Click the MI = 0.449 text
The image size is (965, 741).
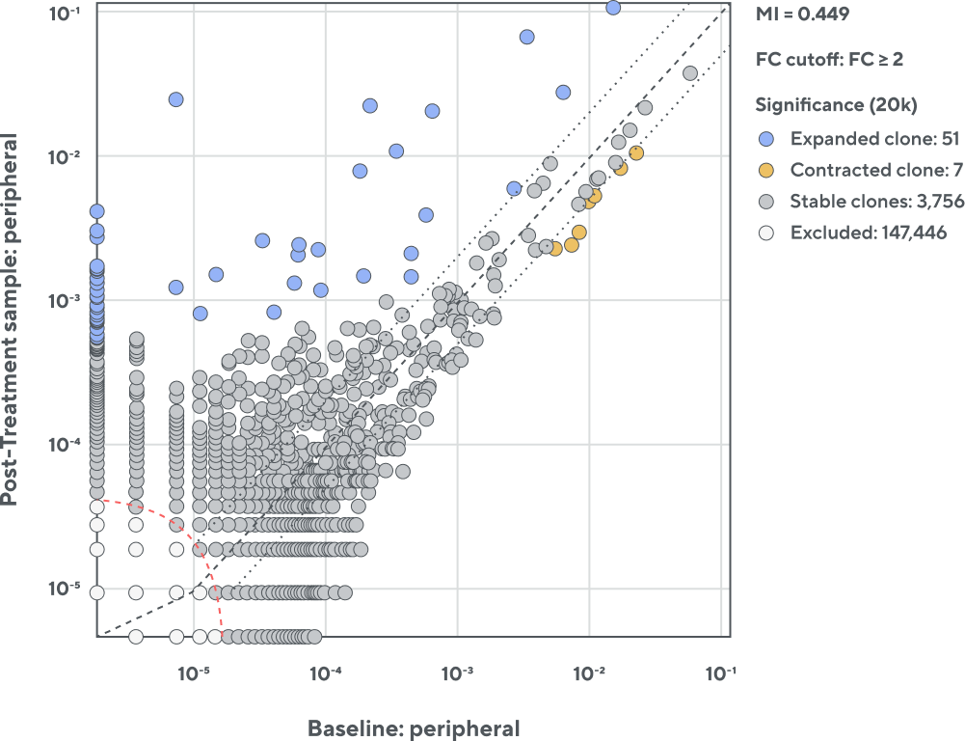[x=802, y=14]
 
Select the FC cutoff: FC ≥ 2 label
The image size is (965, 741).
[x=829, y=60]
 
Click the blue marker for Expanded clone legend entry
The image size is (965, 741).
[x=766, y=138]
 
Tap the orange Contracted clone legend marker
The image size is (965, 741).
[x=766, y=170]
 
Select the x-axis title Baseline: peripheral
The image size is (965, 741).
[x=414, y=728]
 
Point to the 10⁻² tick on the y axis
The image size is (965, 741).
[x=66, y=156]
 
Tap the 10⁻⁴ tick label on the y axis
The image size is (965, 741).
[x=66, y=445]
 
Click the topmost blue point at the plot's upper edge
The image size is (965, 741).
[x=613, y=8]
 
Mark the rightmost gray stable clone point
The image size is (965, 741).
[x=690, y=72]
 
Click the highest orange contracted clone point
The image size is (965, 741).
[x=636, y=152]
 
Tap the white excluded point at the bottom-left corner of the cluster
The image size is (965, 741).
[x=136, y=636]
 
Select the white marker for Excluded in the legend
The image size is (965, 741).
[x=766, y=233]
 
